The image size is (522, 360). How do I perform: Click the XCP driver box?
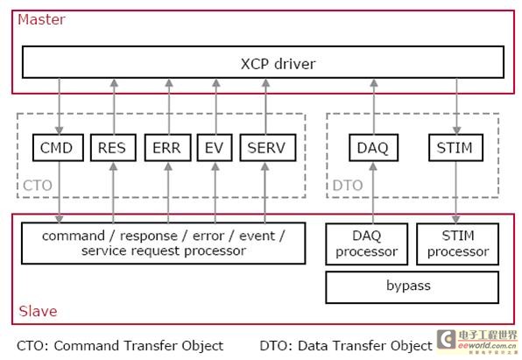click(263, 62)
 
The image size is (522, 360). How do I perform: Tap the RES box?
click(112, 148)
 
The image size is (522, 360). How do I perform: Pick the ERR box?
click(166, 148)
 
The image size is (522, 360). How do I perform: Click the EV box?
click(214, 148)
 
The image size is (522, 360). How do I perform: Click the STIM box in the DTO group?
click(455, 148)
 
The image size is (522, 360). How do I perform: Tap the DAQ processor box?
click(367, 244)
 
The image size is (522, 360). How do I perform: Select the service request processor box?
click(164, 244)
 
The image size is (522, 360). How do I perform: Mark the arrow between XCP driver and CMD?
click(60, 105)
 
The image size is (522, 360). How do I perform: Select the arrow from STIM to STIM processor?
click(455, 193)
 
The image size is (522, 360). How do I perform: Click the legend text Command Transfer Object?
click(119, 345)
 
